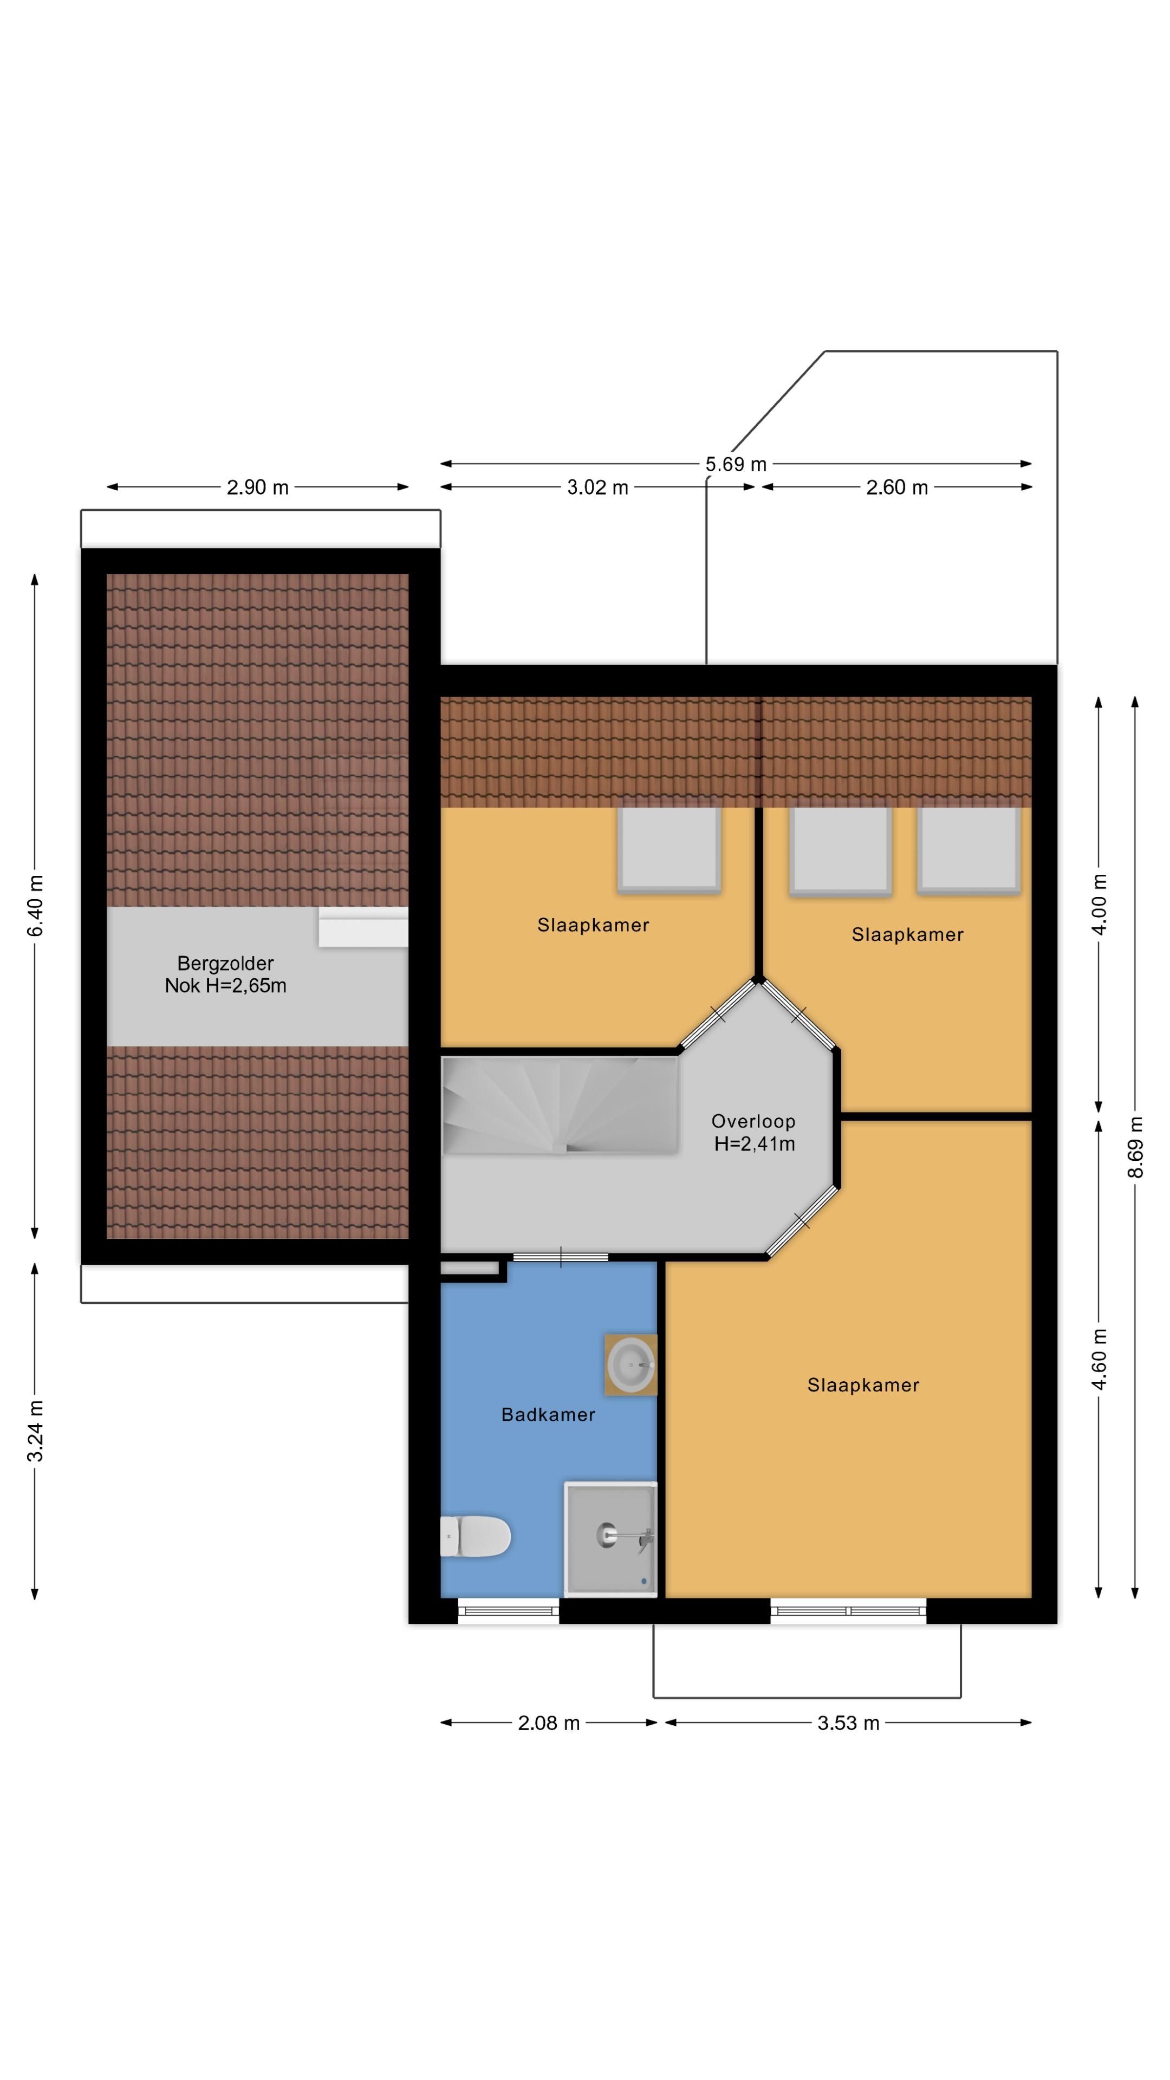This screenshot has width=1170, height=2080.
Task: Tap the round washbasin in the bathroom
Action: [630, 1364]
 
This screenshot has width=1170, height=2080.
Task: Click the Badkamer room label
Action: [548, 1415]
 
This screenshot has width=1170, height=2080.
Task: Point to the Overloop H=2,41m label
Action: [753, 1132]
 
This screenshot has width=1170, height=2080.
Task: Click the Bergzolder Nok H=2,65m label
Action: [225, 974]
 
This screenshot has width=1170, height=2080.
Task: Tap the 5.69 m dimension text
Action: [736, 464]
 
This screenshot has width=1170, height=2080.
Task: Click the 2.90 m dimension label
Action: [258, 487]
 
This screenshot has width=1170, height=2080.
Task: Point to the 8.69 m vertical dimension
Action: [1135, 1147]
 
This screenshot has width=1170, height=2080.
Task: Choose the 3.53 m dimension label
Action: [848, 1723]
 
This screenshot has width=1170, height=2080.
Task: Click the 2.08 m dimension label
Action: [549, 1723]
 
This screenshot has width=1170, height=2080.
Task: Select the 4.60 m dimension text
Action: [1099, 1360]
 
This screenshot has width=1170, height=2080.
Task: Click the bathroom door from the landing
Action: [561, 1257]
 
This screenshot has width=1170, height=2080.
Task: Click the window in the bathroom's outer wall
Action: [509, 1611]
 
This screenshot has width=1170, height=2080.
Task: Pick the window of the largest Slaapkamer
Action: [848, 1611]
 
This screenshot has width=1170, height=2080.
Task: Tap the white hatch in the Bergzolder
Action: [362, 927]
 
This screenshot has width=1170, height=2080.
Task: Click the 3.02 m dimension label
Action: [597, 487]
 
